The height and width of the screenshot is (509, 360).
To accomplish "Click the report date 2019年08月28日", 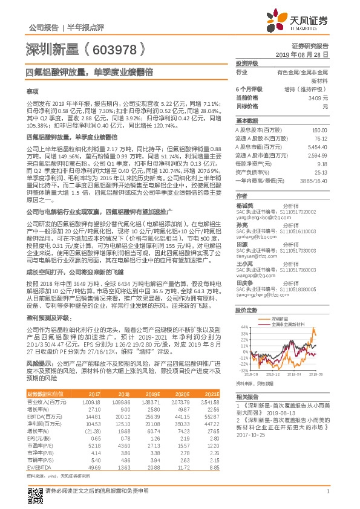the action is point(307,54).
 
